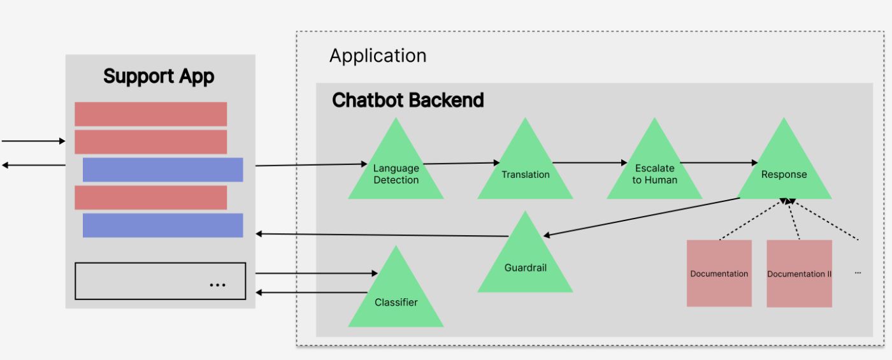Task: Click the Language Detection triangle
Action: pyautogui.click(x=396, y=172)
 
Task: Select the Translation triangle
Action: pyautogui.click(x=525, y=172)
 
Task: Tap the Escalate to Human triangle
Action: pyautogui.click(x=654, y=172)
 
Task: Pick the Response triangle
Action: pyautogui.click(x=784, y=172)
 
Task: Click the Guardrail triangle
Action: pyautogui.click(x=525, y=264)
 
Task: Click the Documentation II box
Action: pyautogui.click(x=799, y=273)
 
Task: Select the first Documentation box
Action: pyautogui.click(x=719, y=273)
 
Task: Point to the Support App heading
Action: pyautogui.click(x=159, y=76)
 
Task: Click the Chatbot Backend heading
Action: pyautogui.click(x=408, y=100)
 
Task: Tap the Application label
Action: pyautogui.click(x=378, y=56)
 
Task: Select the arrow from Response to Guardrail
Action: pyautogui.click(x=640, y=217)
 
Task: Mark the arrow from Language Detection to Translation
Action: pyautogui.click(x=461, y=163)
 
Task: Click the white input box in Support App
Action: pyautogui.click(x=160, y=281)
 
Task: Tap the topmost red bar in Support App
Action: pyautogui.click(x=150, y=114)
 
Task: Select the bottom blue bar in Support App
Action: pyautogui.click(x=162, y=225)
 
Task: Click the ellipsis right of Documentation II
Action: pyautogui.click(x=858, y=273)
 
